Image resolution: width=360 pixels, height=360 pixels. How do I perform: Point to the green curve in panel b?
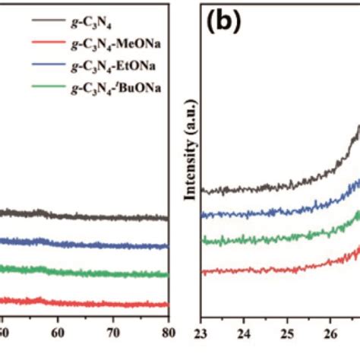point(266,239)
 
